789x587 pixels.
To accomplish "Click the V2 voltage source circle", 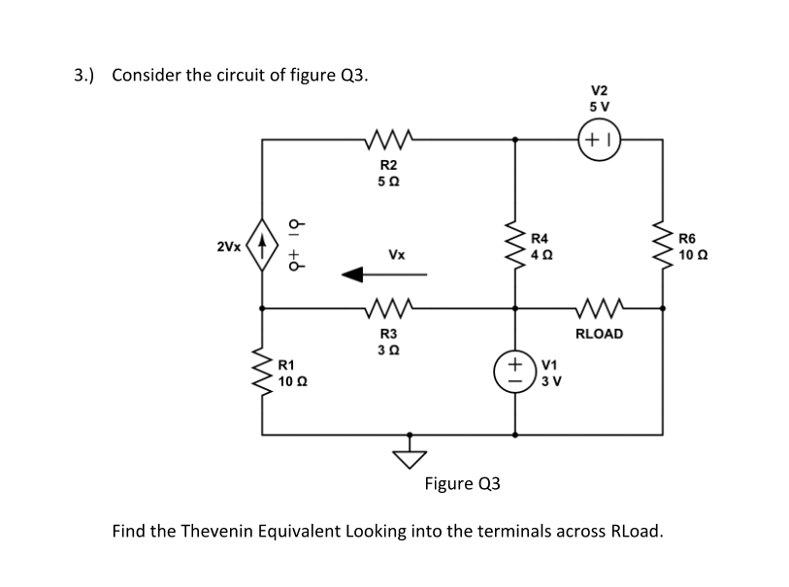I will click(x=597, y=139).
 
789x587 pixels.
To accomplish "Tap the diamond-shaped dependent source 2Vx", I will click(x=261, y=247).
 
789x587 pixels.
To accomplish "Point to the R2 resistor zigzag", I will click(x=387, y=139).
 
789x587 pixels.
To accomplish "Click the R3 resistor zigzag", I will click(x=387, y=309).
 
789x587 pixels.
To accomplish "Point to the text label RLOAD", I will click(x=599, y=334).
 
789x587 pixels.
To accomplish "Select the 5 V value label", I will click(x=598, y=106).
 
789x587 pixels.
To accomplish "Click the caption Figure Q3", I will click(x=463, y=482).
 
